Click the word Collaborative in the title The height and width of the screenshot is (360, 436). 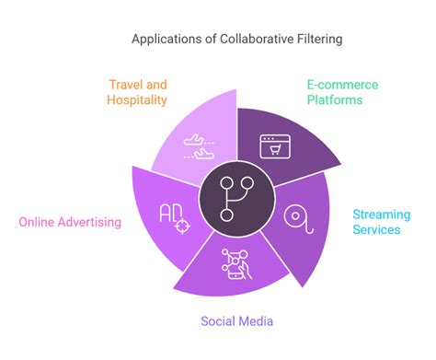click(257, 39)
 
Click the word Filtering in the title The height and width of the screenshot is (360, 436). click(319, 40)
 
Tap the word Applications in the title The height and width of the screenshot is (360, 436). click(168, 40)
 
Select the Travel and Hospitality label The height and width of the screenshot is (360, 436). click(137, 92)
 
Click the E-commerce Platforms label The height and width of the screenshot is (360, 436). click(342, 92)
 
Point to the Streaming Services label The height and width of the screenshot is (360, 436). click(381, 222)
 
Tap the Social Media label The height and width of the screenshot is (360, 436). click(236, 321)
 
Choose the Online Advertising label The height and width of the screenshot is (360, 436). click(70, 222)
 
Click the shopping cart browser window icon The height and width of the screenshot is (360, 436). click(275, 146)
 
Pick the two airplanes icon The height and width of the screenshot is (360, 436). click(199, 146)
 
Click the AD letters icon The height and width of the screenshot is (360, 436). click(171, 213)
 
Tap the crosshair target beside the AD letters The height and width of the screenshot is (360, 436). click(182, 226)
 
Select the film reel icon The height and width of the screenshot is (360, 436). click(298, 219)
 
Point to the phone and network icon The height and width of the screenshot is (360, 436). click(236, 264)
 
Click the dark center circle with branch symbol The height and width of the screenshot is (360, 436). click(236, 199)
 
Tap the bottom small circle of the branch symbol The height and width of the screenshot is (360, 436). click(226, 215)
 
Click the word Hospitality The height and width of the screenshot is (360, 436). click(137, 100)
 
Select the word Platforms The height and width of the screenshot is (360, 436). click(335, 99)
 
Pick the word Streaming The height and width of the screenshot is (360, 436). click(382, 215)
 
